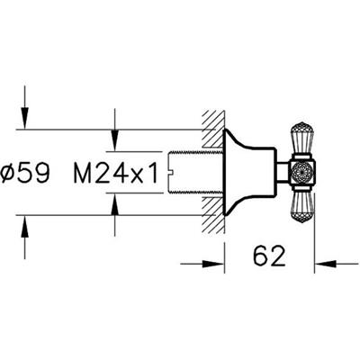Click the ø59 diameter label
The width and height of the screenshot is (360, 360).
click(x=25, y=173)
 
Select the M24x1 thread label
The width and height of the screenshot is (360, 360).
click(x=116, y=173)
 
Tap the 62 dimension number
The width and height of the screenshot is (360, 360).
click(x=269, y=256)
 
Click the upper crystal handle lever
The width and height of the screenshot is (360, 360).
click(x=301, y=139)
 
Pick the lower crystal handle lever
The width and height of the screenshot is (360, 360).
click(x=301, y=206)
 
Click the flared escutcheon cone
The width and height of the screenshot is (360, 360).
click(x=249, y=173)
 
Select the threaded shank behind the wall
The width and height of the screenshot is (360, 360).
click(x=195, y=173)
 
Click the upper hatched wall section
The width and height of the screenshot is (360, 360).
click(x=213, y=130)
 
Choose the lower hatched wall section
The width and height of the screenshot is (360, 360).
click(x=213, y=215)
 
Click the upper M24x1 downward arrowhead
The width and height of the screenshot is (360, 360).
click(x=115, y=140)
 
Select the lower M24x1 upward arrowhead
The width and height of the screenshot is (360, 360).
click(x=115, y=204)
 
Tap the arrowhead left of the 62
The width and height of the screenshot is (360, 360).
click(x=212, y=264)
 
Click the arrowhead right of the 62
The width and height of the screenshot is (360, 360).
click(x=326, y=264)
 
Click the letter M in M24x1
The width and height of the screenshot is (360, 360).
click(x=83, y=173)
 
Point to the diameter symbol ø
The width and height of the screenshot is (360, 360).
click(x=8, y=174)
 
